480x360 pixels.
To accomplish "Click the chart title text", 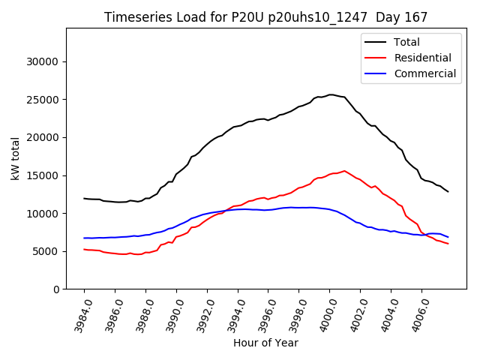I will [x=265, y=17].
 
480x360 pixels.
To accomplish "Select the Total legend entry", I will [x=406, y=42].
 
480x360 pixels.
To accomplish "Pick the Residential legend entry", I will [x=422, y=58].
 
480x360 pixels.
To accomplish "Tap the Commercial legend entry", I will [x=424, y=73].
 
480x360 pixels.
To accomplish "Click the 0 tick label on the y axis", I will [x=56, y=289].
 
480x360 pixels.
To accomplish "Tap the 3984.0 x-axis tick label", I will [x=78, y=315].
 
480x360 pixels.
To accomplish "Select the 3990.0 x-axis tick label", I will [x=170, y=315].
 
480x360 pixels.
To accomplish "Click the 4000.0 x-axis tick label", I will [x=323, y=315].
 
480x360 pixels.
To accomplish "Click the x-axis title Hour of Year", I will [x=265, y=343].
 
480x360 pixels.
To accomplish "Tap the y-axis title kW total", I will [x=16, y=158].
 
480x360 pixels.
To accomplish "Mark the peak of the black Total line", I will [x=331, y=94].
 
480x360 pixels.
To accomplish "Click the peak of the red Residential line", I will [x=344, y=171].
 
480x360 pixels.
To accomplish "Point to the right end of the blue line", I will [x=448, y=237].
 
